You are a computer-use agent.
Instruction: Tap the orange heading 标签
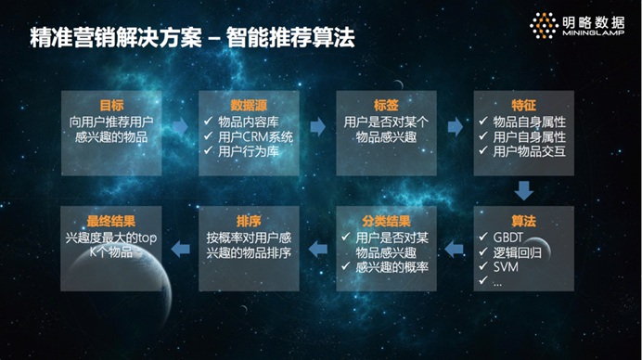(385, 106)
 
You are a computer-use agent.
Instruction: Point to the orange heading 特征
(522, 106)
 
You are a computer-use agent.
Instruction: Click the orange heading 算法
(523, 221)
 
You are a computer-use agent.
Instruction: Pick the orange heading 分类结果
(386, 221)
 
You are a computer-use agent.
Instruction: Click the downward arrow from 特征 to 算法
(524, 191)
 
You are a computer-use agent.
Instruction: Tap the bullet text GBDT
(512, 236)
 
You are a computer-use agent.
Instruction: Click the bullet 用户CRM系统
(255, 136)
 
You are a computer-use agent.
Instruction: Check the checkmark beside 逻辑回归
(485, 251)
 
